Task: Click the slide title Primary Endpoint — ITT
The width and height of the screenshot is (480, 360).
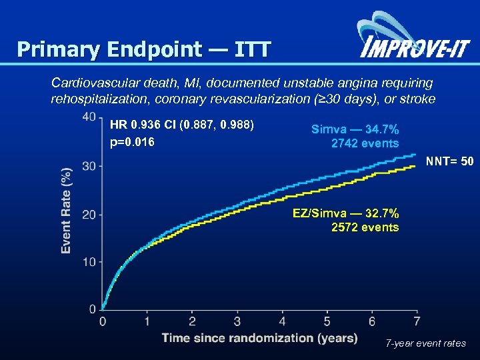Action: [x=144, y=49]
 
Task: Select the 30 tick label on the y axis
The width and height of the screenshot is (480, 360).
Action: [x=89, y=165]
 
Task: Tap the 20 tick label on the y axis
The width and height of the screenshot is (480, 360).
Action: [x=89, y=214]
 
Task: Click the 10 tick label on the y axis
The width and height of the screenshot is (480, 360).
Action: [x=89, y=261]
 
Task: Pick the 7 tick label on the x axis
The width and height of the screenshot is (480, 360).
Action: [x=417, y=321]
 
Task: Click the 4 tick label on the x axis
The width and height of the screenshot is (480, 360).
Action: [x=281, y=321]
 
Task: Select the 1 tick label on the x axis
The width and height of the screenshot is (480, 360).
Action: [x=147, y=321]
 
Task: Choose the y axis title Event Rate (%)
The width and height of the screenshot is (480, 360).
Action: [x=66, y=209]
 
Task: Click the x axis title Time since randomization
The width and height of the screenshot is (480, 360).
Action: [x=259, y=338]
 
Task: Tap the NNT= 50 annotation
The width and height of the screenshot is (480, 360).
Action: [x=450, y=161]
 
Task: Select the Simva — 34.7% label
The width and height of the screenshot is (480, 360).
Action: [x=355, y=129]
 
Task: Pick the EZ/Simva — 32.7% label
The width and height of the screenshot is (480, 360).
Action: [x=346, y=213]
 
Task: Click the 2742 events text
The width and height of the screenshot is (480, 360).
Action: [x=365, y=143]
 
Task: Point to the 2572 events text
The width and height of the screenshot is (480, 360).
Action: [x=365, y=227]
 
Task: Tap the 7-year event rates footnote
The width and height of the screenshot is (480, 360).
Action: [x=426, y=344]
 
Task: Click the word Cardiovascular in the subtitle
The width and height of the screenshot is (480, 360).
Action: [x=93, y=83]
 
